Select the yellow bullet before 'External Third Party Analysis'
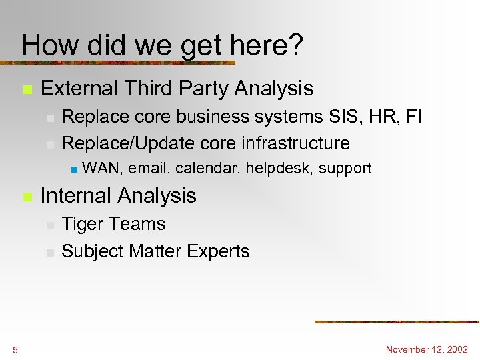tap(27, 89)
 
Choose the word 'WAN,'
tap(103, 169)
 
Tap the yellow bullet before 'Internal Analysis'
tap(27, 197)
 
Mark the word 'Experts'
tap(219, 252)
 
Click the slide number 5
tap(15, 350)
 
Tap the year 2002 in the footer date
tap(457, 349)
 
